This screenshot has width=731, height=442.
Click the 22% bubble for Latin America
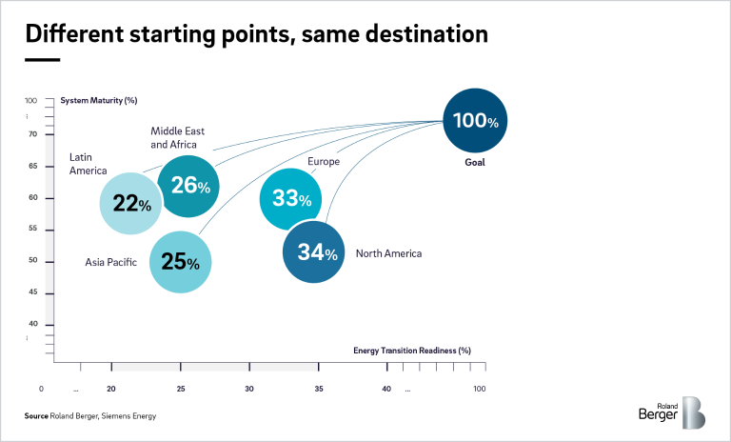tap(131, 203)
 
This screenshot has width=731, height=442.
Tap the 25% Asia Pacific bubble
tap(180, 261)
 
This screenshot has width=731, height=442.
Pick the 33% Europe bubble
tap(291, 199)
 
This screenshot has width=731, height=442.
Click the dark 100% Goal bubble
tap(475, 121)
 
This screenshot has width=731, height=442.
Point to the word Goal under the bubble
tap(475, 163)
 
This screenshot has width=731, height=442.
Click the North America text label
tap(388, 253)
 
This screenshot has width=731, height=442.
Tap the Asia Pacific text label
tap(110, 261)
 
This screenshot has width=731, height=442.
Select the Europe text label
tap(324, 162)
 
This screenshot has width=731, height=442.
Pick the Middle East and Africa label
tap(177, 137)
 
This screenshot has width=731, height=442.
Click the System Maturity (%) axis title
tap(99, 100)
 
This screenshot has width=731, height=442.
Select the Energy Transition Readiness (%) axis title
tap(412, 350)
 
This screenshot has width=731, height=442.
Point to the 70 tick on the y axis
tap(32, 134)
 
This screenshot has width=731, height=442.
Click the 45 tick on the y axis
tap(32, 292)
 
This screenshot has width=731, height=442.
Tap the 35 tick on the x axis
tap(319, 389)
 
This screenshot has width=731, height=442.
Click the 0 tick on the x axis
tap(42, 389)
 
